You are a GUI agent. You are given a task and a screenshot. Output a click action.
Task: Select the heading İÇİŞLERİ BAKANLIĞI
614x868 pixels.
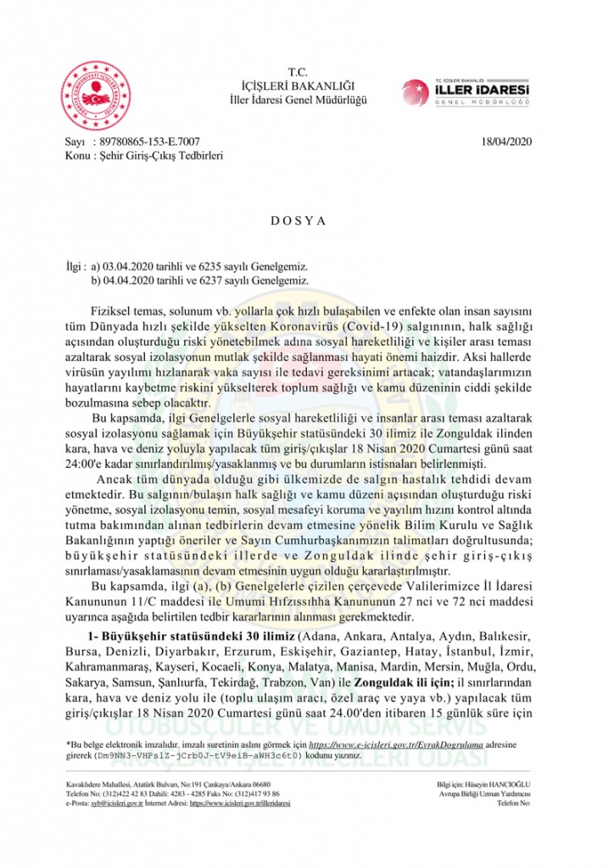[298, 86]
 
